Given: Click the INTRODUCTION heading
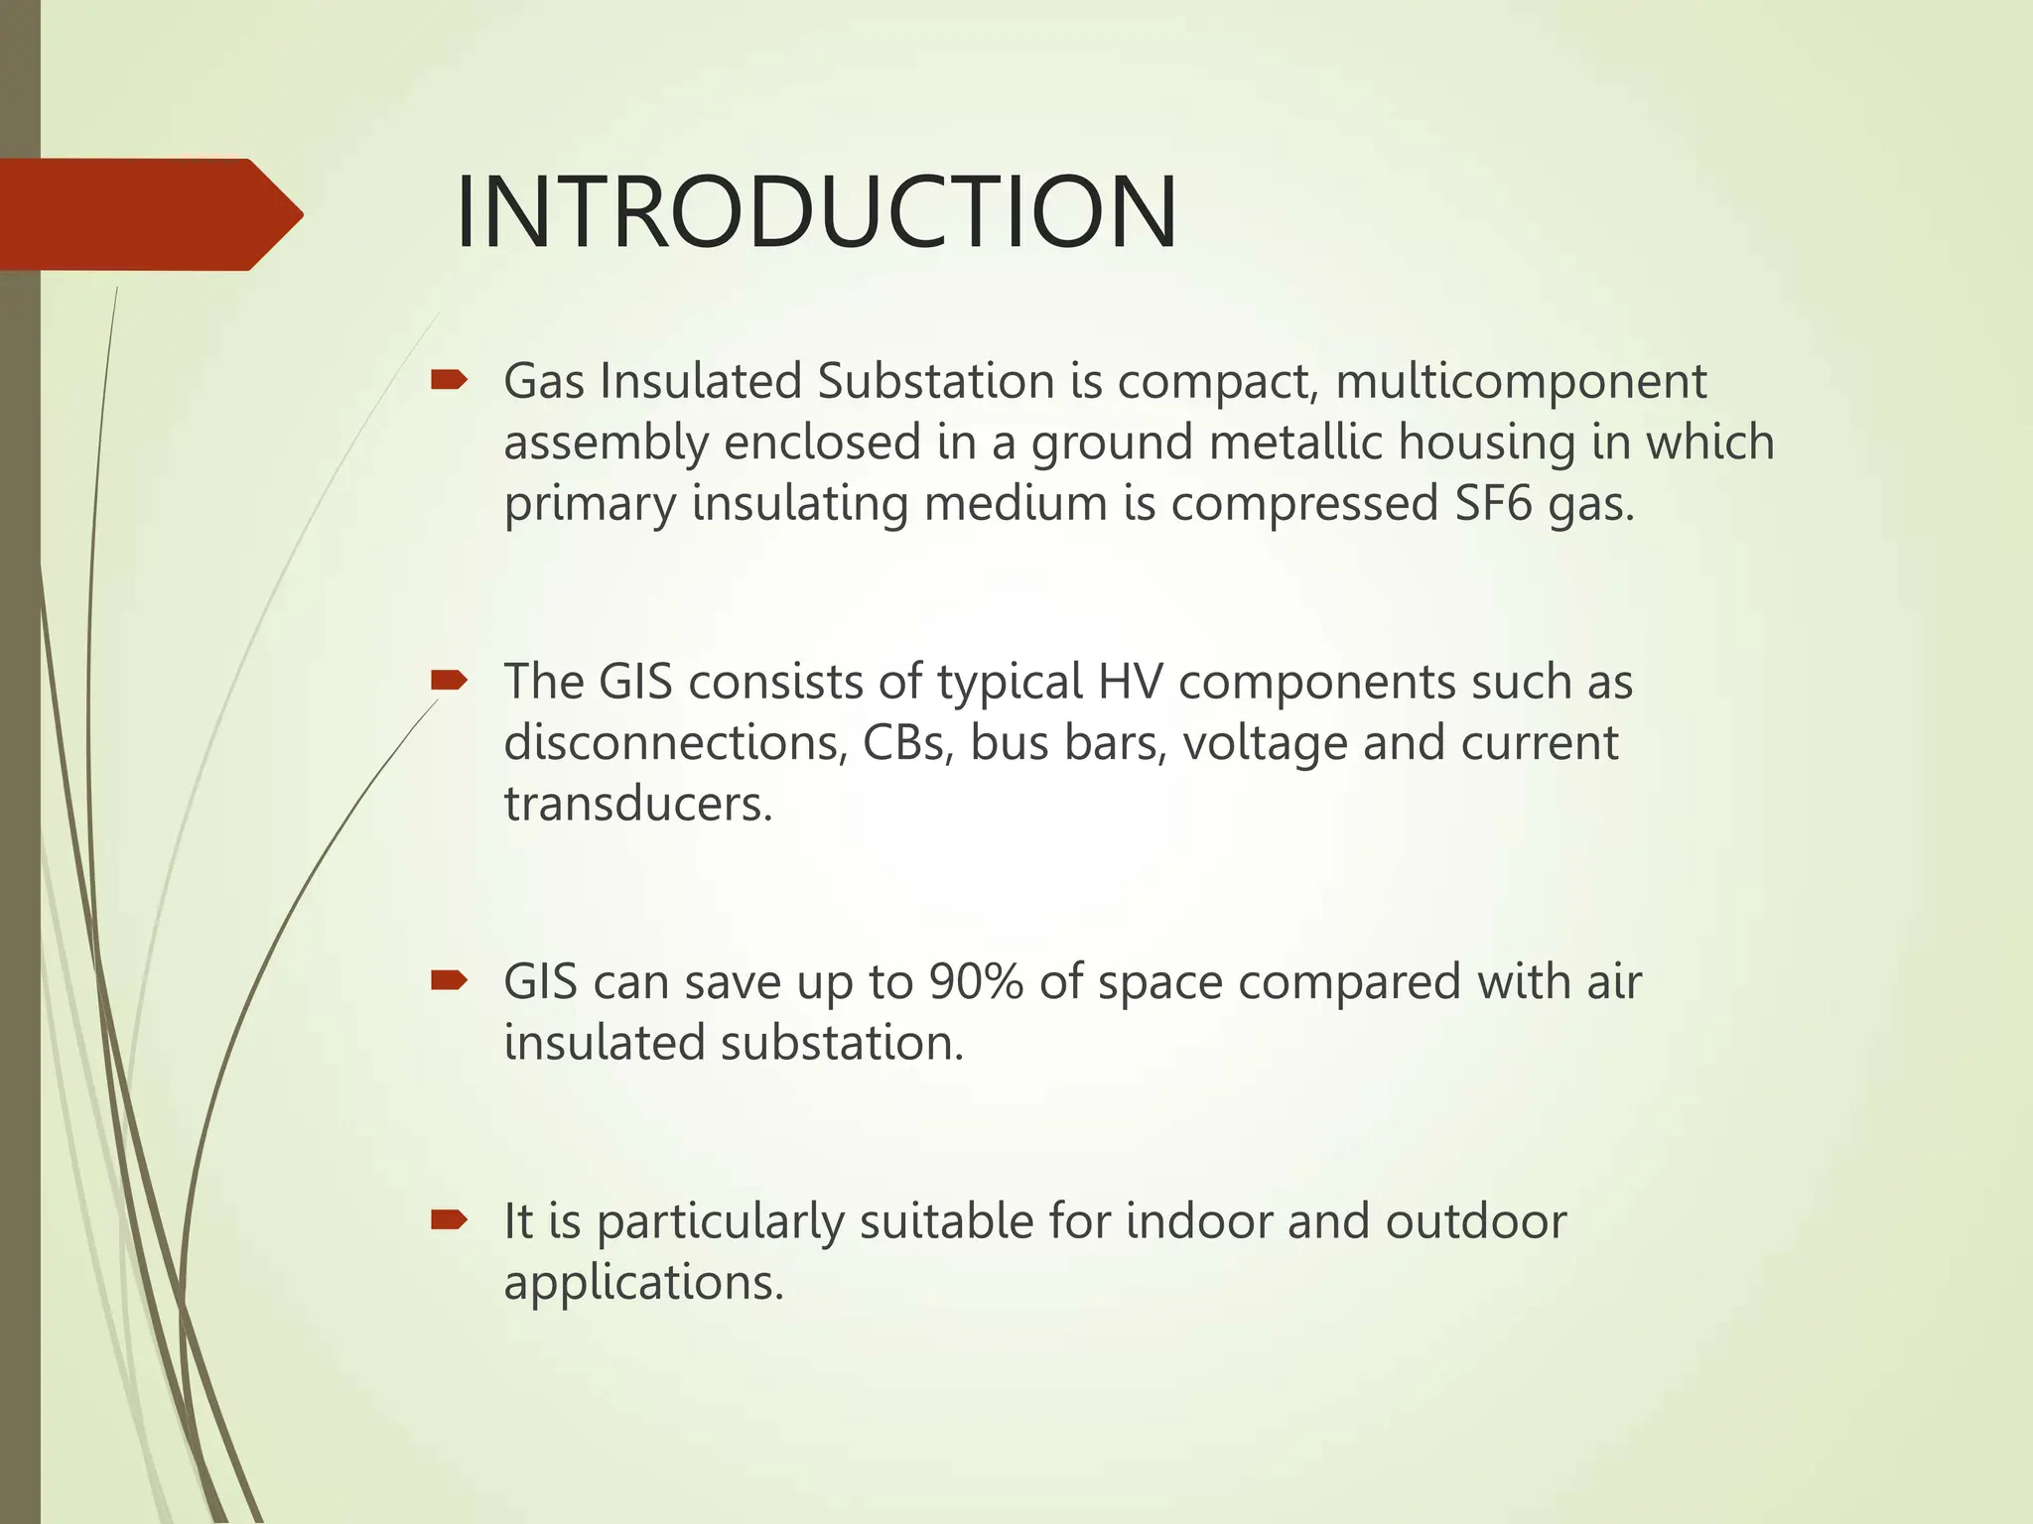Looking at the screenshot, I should (x=816, y=213).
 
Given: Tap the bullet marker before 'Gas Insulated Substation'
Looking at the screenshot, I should (x=449, y=379).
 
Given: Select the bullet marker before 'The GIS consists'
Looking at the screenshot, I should (x=449, y=680).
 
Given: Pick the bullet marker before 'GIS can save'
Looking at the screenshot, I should (x=449, y=980).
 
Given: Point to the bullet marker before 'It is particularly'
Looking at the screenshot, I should (x=449, y=1219).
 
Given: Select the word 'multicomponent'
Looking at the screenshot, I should (x=1521, y=382).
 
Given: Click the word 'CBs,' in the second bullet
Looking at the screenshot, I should (x=908, y=742).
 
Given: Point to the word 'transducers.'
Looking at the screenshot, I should (x=638, y=804).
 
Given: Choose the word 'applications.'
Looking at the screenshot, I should (x=644, y=1283).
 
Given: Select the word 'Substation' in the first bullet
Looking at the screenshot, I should (x=936, y=382).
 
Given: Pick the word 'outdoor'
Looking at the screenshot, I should (x=1475, y=1221).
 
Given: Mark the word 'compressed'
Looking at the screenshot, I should (x=1304, y=503).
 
